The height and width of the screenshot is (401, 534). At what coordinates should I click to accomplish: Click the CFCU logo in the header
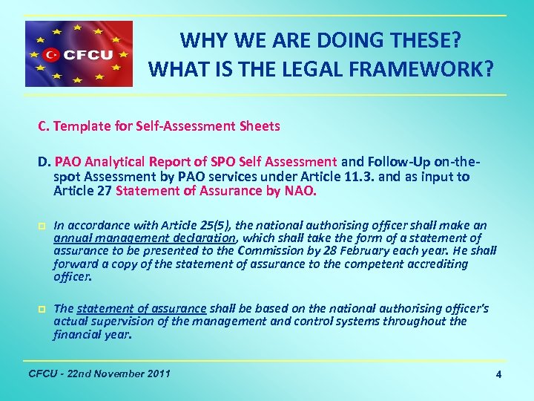click(79, 53)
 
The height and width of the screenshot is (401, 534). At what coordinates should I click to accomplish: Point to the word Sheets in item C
click(260, 126)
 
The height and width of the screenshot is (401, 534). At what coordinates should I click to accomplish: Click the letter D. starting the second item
click(44, 162)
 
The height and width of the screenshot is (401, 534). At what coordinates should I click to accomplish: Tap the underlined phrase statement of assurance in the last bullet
click(141, 309)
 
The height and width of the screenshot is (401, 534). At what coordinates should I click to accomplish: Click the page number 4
click(498, 375)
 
